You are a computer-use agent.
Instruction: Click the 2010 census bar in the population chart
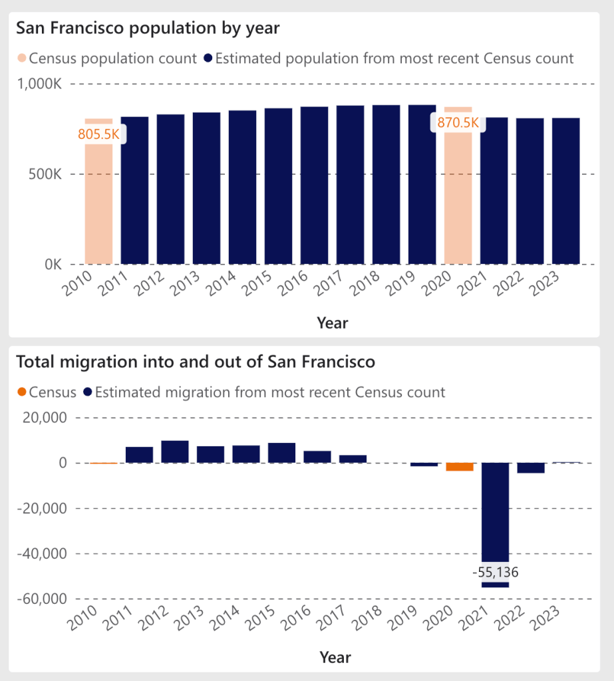coord(98,200)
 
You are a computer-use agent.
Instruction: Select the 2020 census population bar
coord(458,200)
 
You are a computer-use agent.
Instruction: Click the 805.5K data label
coord(98,134)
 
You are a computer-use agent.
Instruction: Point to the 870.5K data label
coord(458,122)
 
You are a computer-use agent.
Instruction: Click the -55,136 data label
coord(494,572)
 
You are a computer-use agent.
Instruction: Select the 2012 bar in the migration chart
coord(175,452)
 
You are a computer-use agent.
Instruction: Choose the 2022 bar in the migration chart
coord(531,468)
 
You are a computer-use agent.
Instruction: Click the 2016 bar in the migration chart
coord(317,457)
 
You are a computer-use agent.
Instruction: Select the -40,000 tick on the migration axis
coord(40,553)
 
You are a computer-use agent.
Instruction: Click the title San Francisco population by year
coord(148,28)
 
